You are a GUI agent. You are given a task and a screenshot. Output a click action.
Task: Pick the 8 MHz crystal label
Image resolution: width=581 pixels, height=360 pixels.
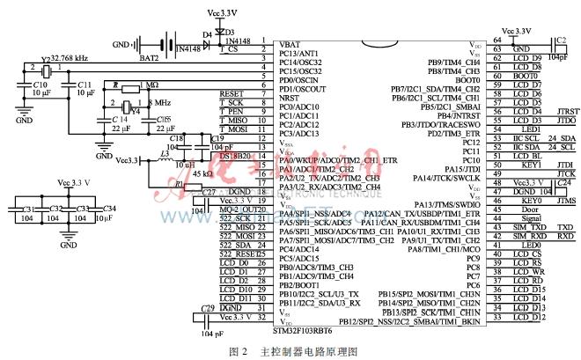pos(158,103)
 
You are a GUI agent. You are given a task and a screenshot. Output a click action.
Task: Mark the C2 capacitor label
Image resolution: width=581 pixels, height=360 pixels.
pos(561,40)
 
